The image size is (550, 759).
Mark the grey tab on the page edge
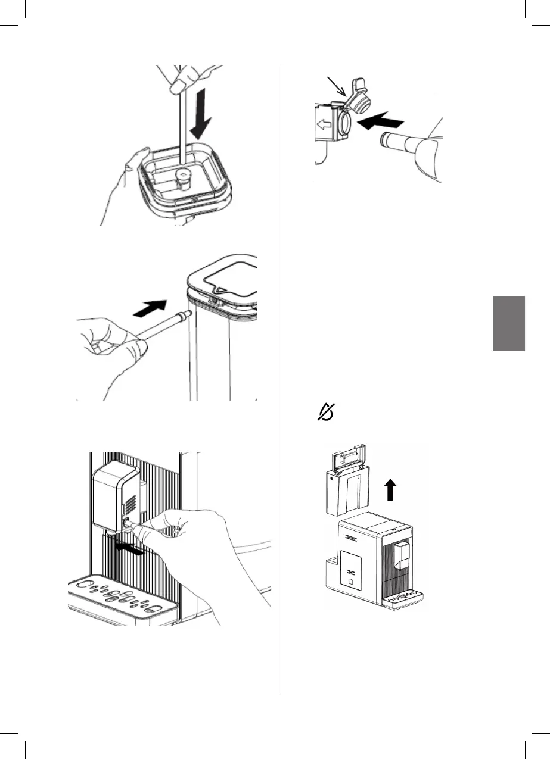coord(509,324)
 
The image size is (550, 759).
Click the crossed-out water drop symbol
coord(327,411)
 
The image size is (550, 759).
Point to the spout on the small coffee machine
coord(404,554)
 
